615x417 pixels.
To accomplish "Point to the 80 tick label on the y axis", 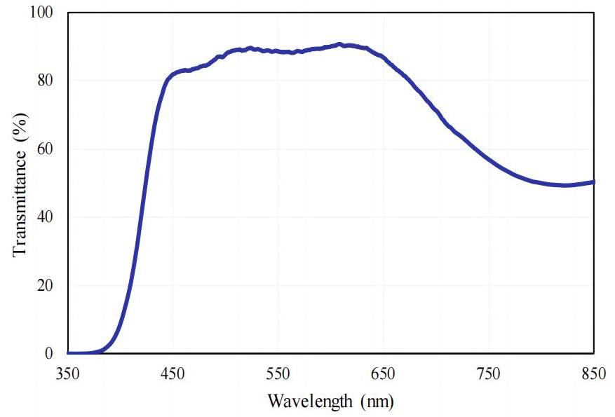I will pos(46,81).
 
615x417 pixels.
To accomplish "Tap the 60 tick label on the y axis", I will pos(46,149).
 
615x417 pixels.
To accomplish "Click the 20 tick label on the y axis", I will pos(46,285).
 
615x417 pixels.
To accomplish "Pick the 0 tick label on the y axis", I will pos(50,353).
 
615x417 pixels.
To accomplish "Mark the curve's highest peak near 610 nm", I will pos(340,44).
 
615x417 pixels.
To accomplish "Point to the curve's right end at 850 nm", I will pos(594,182).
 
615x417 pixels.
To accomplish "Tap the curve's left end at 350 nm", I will pos(68,353).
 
